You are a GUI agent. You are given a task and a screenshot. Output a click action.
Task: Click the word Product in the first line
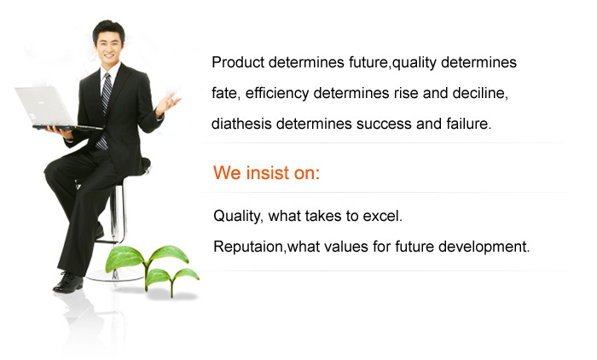coord(238,62)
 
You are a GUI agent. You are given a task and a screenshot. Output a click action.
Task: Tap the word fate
coord(226,93)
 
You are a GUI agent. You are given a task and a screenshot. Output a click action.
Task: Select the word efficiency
coord(277,93)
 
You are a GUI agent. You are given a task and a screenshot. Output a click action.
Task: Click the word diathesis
coord(241,124)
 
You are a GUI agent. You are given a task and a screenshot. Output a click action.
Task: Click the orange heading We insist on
coord(266,172)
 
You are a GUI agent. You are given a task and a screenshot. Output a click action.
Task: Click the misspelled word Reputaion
coord(248,247)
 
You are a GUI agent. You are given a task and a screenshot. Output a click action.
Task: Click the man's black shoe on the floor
coord(68,282)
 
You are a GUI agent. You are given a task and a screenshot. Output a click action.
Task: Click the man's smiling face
coord(109,46)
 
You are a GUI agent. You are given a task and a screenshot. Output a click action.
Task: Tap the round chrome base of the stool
coord(114,276)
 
